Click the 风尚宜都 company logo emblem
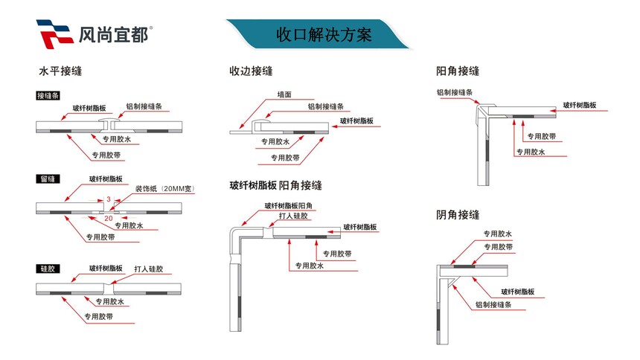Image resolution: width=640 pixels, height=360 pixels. point(54,33)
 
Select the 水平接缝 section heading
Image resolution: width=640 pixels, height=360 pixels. point(60,72)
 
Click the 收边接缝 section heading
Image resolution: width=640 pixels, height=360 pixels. point(251,71)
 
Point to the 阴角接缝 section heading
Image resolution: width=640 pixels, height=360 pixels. point(457,215)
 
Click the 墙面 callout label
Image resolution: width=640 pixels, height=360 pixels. point(284,94)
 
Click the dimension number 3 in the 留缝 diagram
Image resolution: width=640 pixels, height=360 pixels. point(109,199)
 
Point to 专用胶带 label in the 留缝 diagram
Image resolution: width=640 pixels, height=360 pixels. point(100,237)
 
